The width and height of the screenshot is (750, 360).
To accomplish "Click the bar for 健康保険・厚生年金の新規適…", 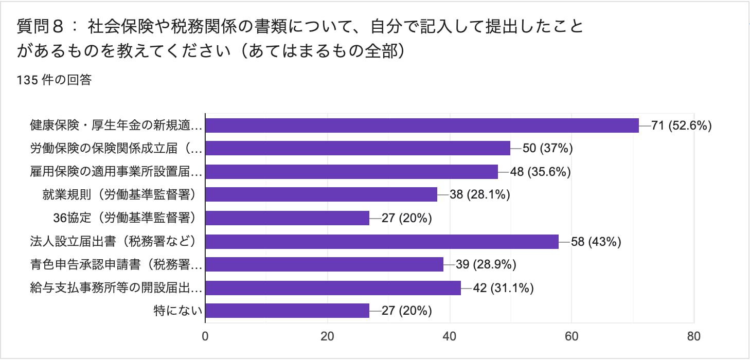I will [422, 125].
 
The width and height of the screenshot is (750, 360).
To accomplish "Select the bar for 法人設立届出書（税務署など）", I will [382, 241].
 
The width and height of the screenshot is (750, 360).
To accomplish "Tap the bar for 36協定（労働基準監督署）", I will [287, 218].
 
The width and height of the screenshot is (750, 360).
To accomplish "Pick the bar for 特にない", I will [287, 311].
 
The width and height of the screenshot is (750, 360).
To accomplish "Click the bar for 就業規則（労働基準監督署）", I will [321, 194].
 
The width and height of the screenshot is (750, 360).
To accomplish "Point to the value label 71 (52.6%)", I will [681, 125].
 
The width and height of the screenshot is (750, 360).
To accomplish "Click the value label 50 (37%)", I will [548, 149].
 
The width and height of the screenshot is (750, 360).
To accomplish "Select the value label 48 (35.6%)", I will [541, 172].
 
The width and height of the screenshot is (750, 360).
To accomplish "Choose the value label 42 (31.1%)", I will [504, 287].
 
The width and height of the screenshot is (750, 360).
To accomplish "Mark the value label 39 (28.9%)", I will [486, 264].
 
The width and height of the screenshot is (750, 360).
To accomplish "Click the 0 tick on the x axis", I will [205, 337].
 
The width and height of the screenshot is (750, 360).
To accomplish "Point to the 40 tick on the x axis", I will [450, 337].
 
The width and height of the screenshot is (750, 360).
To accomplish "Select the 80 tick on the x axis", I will [693, 337].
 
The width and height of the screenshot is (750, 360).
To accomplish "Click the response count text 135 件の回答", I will [54, 80].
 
